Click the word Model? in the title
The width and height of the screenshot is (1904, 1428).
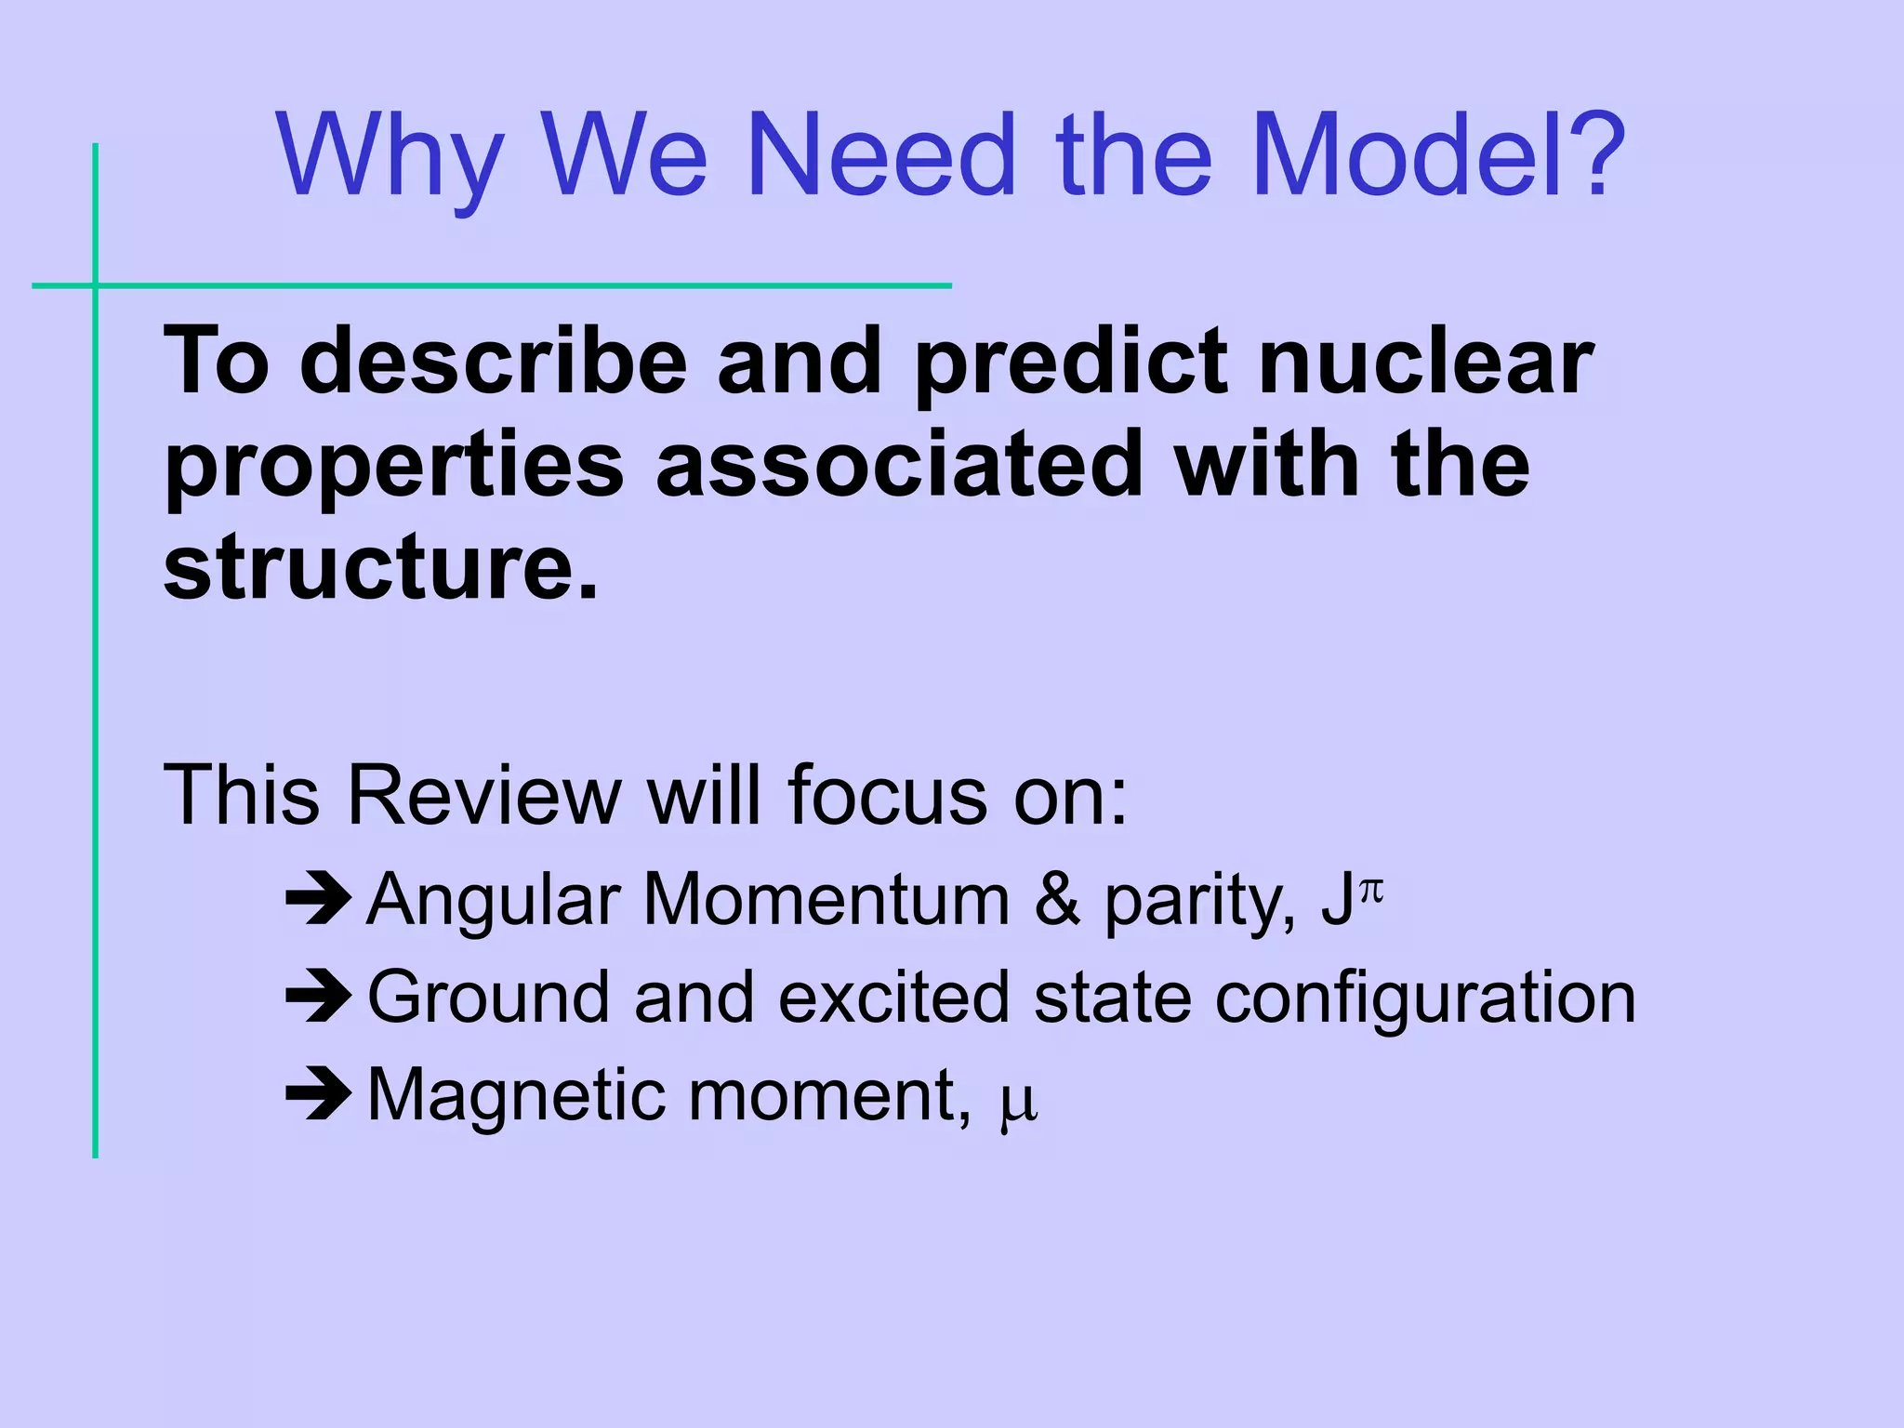tap(1437, 156)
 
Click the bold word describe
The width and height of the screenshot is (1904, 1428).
tap(493, 363)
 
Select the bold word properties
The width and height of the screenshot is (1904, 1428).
tap(393, 468)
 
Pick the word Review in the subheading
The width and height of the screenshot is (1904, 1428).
tap(483, 796)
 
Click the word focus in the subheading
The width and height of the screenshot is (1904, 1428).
tap(886, 796)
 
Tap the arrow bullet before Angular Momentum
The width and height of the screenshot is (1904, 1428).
tap(318, 899)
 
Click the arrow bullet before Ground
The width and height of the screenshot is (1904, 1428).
tap(318, 997)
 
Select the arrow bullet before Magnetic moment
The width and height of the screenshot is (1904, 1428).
tap(318, 1095)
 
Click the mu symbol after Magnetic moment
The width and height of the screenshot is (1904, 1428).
tap(1018, 1104)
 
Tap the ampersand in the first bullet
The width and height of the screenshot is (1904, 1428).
tap(1057, 900)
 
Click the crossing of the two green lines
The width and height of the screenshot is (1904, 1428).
tap(96, 285)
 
